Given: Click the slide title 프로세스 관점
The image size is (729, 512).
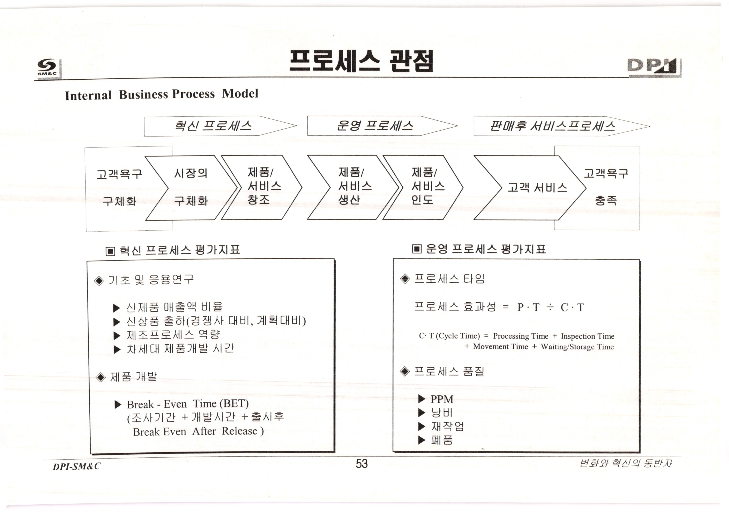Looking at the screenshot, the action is tap(361, 61).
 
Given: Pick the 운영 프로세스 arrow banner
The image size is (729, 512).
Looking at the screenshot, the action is tap(375, 126).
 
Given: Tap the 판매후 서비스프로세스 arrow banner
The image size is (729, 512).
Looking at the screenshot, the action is tap(552, 126).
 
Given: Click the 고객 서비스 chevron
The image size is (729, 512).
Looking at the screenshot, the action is tap(537, 188).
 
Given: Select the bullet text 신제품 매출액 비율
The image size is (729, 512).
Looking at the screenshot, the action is tap(174, 307).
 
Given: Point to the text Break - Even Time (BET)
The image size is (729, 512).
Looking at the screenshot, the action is tap(188, 404).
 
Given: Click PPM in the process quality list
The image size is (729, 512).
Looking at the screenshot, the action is tap(442, 399).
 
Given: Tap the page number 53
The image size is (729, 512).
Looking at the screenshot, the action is tap(362, 464).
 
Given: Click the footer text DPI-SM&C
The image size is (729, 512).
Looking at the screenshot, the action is tap(76, 466).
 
